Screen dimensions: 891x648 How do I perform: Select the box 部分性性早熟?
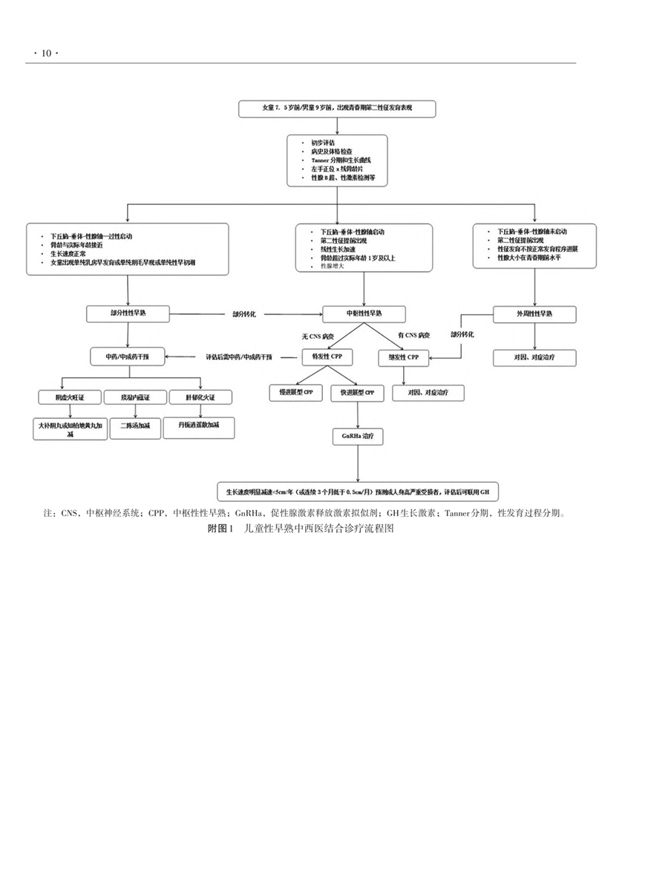click(128, 314)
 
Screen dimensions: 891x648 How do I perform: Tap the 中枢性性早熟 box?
click(364, 314)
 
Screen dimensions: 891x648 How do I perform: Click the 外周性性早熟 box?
click(534, 314)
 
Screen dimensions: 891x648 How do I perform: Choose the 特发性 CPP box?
click(327, 357)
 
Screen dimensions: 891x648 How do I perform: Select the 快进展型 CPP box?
click(358, 393)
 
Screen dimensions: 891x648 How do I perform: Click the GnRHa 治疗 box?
click(358, 437)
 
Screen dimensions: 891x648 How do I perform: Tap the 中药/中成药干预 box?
click(128, 357)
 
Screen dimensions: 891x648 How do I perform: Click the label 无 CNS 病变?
click(316, 336)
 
